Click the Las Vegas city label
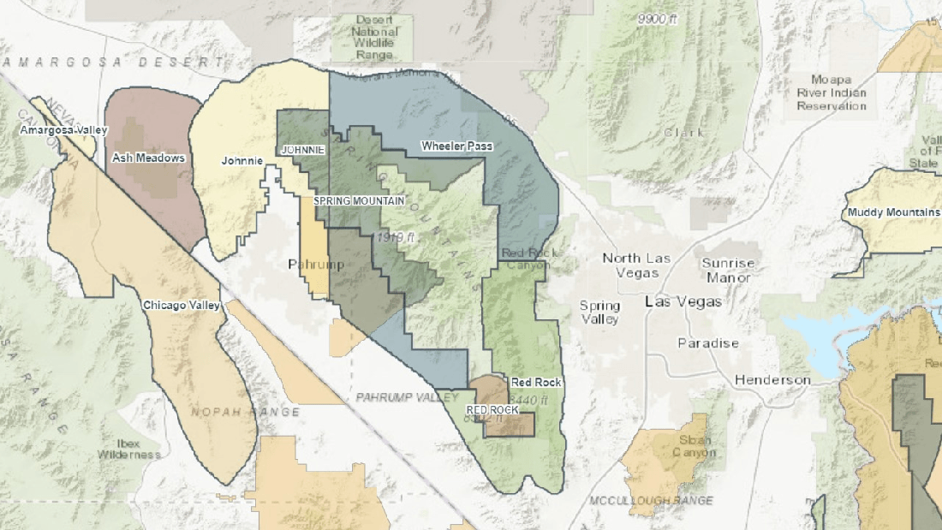pyautogui.click(x=683, y=302)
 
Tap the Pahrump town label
pyautogui.click(x=316, y=264)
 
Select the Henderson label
pyautogui.click(x=772, y=380)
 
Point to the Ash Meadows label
pyautogui.click(x=148, y=158)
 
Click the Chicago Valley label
pyautogui.click(x=182, y=305)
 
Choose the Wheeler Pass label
pyautogui.click(x=456, y=146)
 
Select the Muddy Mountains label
pyautogui.click(x=892, y=212)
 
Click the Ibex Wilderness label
pyautogui.click(x=129, y=449)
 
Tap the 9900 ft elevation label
pyautogui.click(x=657, y=19)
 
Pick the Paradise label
pyautogui.click(x=707, y=343)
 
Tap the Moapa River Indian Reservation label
pyautogui.click(x=832, y=92)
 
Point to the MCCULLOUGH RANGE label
pyautogui.click(x=651, y=499)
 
